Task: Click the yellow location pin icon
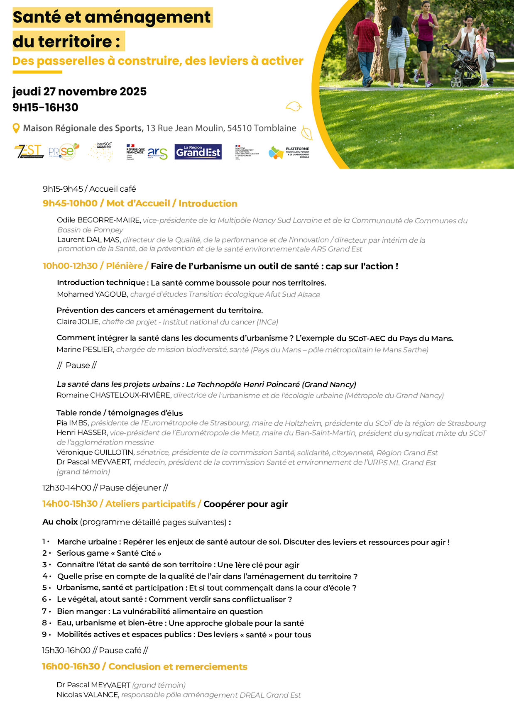pos(16,128)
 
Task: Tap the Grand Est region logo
pos(198,152)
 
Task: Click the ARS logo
pos(157,153)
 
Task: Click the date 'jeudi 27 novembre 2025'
pos(80,92)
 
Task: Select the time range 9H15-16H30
pos(46,107)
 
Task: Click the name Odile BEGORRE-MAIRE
pos(99,220)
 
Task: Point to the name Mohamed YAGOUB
pos(92,294)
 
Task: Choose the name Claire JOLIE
pos(78,322)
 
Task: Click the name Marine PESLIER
pos(85,349)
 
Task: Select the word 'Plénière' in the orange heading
pos(125,266)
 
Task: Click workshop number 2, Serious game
pos(109,553)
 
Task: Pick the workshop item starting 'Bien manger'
pos(160,611)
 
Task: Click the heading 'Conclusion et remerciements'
pos(178,666)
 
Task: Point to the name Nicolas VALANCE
pos(88,695)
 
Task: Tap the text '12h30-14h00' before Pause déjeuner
pos(66,488)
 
